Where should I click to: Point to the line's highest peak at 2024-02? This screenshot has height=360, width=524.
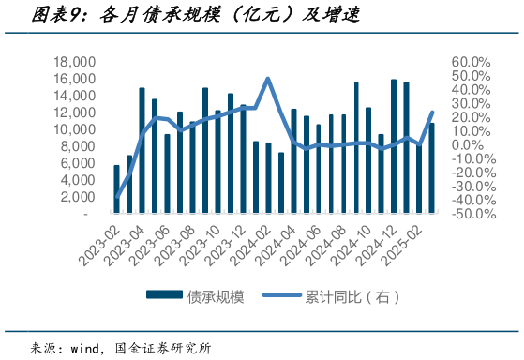268,79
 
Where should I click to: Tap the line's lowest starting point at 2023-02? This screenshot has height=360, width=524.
117,198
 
